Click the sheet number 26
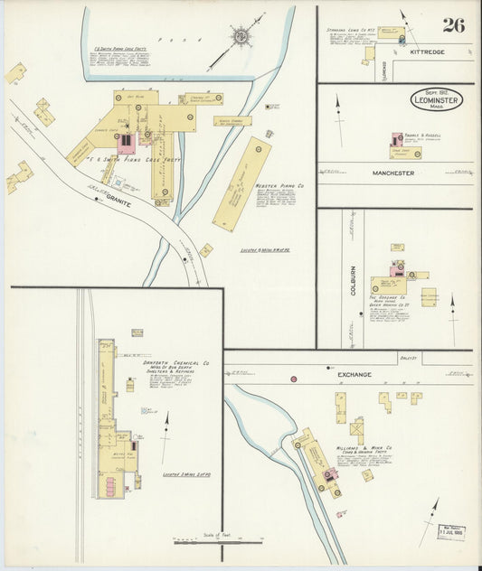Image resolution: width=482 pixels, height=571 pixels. pyautogui.click(x=453, y=24)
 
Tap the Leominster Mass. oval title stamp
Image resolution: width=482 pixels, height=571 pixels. pyautogui.click(x=437, y=100)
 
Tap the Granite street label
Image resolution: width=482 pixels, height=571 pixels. pyautogui.click(x=118, y=204)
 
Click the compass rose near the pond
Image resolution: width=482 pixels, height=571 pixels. pyautogui.click(x=241, y=36)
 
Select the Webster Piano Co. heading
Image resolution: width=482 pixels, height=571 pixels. pyautogui.click(x=279, y=185)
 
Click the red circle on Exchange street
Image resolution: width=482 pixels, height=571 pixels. pyautogui.click(x=294, y=379)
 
